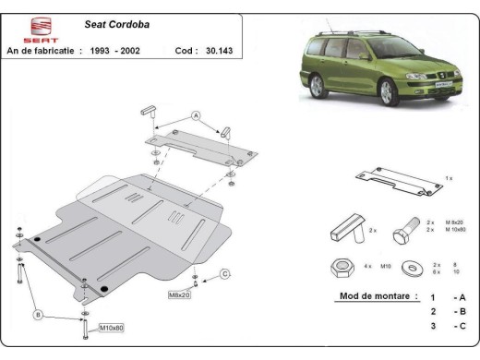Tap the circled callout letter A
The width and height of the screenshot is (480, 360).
[196, 116]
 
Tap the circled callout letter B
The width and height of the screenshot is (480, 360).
[39, 316]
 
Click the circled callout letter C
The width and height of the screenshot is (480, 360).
[224, 273]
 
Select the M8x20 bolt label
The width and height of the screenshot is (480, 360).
[180, 294]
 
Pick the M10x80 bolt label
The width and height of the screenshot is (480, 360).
[110, 328]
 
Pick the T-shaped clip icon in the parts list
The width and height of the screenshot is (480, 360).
[348, 226]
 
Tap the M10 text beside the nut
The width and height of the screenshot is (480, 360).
[388, 267]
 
